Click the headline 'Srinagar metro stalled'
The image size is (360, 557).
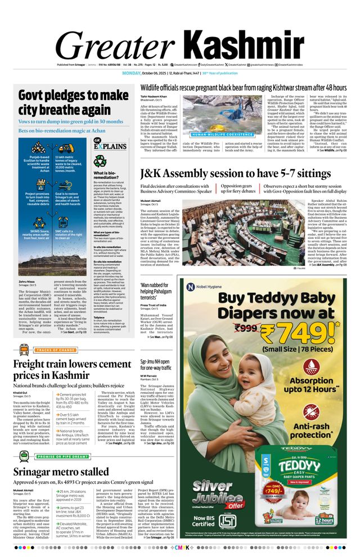click(x=61, y=472)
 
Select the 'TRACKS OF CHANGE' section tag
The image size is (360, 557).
click(x=56, y=350)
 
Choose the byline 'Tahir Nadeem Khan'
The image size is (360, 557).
click(x=154, y=97)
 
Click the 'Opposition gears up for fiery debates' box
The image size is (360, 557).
click(x=238, y=188)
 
